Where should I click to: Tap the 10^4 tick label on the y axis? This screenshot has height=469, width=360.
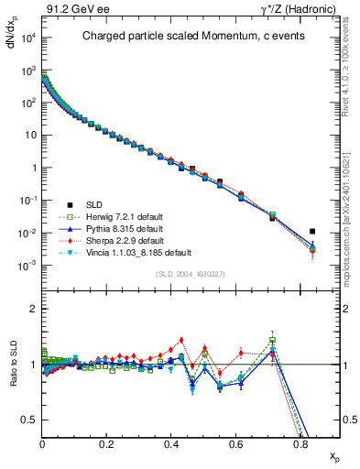click(27, 38)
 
